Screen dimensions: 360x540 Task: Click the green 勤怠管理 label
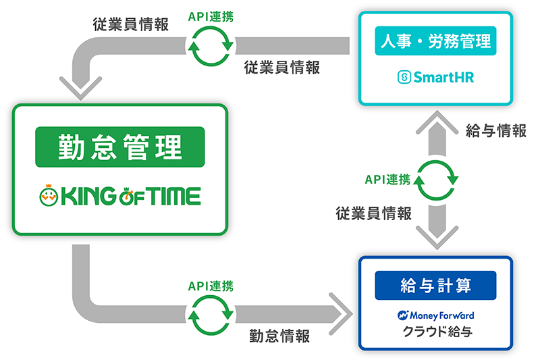[x=120, y=147]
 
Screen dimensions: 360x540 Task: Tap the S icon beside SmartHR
[x=404, y=78]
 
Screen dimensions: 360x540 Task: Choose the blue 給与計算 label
[x=435, y=285]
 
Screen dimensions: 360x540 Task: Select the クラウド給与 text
[x=435, y=332]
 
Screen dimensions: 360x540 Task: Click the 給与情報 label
[x=496, y=131]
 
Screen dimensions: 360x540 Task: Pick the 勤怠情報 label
[x=279, y=336]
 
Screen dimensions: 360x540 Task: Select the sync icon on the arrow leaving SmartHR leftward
[x=211, y=45]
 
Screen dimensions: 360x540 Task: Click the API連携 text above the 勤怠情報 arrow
[x=211, y=286]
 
